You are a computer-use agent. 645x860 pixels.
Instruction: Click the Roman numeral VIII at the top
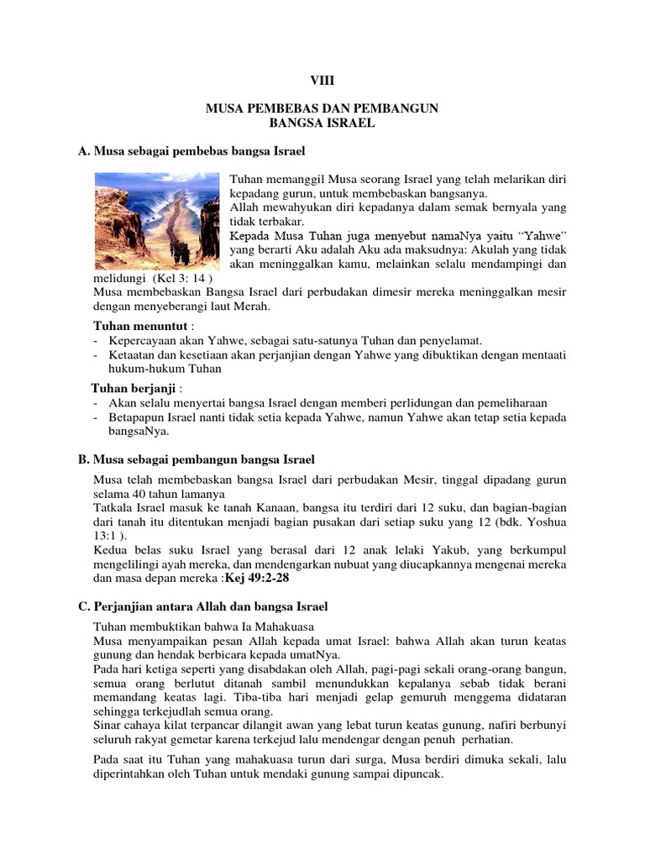click(322, 81)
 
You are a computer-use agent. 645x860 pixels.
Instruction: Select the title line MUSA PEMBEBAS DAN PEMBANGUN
click(322, 108)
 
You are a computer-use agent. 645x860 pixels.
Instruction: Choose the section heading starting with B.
click(197, 459)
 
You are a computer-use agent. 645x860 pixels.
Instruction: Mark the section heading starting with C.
click(202, 606)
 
